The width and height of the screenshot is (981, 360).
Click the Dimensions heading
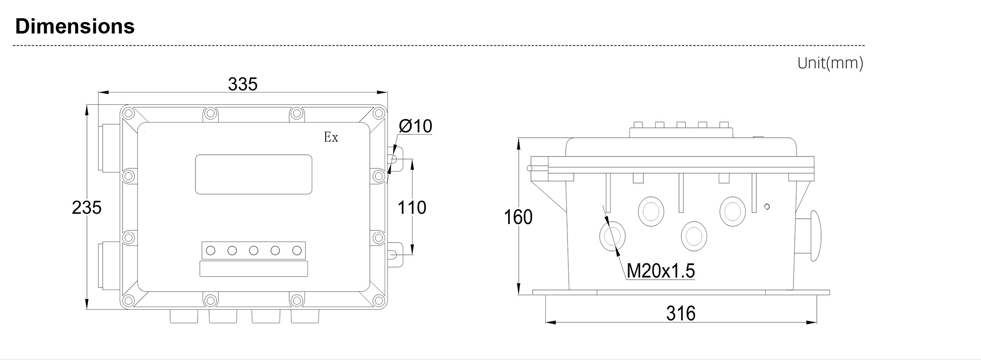click(75, 26)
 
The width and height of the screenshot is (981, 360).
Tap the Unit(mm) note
click(830, 63)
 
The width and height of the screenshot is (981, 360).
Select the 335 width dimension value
click(243, 84)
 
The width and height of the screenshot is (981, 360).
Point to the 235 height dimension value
click(87, 207)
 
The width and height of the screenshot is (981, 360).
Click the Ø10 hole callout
click(415, 126)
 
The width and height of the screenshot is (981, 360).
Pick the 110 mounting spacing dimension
click(411, 207)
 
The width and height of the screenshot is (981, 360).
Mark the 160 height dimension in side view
click(518, 217)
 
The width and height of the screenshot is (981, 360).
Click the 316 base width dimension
click(681, 314)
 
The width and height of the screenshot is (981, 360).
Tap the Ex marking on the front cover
click(331, 137)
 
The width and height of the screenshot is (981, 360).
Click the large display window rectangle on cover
click(254, 174)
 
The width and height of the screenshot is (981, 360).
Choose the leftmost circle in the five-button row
click(210, 251)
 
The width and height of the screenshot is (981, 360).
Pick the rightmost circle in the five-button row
click(296, 251)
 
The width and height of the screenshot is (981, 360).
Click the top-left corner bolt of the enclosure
click(129, 114)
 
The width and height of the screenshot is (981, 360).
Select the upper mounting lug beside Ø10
click(395, 159)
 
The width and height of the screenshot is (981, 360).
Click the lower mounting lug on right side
click(395, 254)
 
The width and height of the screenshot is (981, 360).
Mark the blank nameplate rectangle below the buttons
click(254, 269)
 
